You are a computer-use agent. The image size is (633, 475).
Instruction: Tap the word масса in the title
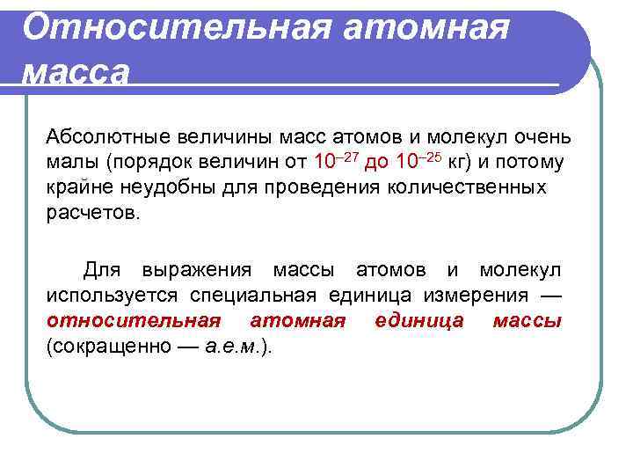tap(76, 72)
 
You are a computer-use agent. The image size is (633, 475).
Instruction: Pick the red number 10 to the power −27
tap(334, 161)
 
